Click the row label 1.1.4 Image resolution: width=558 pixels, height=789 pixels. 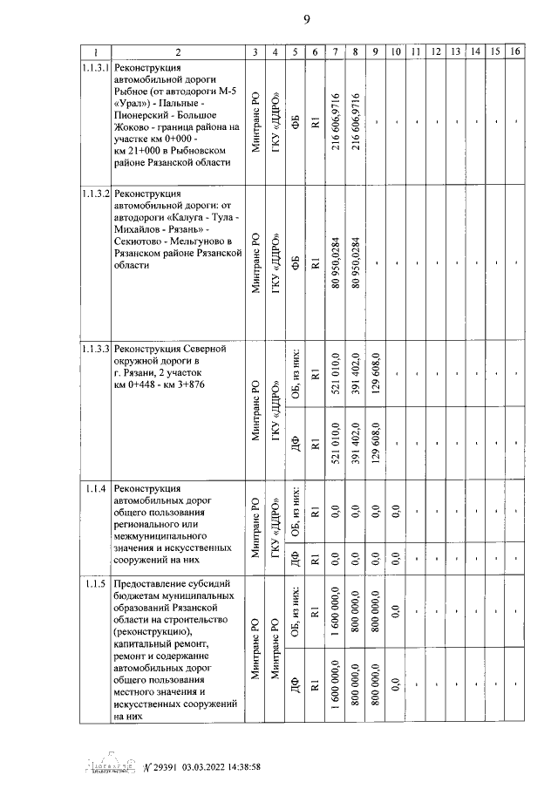coord(95,486)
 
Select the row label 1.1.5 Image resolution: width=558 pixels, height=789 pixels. coord(95,583)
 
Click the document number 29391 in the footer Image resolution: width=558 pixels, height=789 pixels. coord(164,766)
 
